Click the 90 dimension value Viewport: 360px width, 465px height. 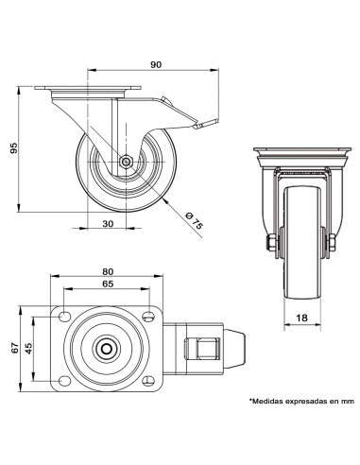[156, 64]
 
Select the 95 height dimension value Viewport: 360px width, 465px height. [14, 148]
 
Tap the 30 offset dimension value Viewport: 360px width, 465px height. [108, 224]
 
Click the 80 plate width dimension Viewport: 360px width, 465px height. [108, 271]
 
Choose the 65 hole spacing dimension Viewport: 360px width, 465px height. [108, 284]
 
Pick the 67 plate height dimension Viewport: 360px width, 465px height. [14, 349]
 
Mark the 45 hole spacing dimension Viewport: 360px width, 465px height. [28, 349]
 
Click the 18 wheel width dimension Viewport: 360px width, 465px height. [302, 318]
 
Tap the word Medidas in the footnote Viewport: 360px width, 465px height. [266, 401]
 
